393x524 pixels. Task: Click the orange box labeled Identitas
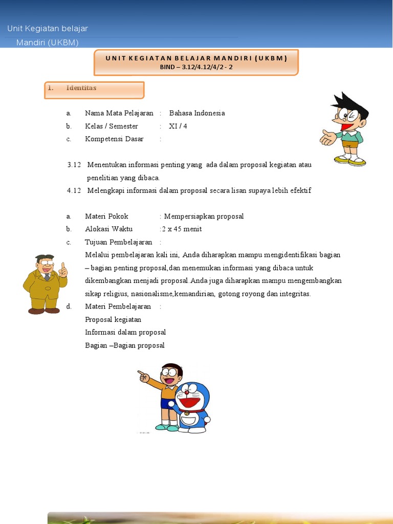pos(94,90)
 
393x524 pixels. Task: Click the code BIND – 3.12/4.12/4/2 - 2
pos(196,67)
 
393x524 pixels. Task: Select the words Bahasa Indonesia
pos(197,113)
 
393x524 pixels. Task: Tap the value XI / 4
pos(178,126)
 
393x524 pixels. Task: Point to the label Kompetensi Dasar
pos(114,139)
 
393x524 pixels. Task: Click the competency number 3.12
pos(74,165)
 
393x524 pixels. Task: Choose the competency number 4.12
pos(74,190)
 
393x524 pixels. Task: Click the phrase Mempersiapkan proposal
pos(204,216)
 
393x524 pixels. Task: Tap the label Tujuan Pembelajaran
pos(118,242)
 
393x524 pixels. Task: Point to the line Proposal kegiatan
pos(113,319)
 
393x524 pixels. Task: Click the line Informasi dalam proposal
pos(125,332)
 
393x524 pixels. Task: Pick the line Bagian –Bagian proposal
pos(125,345)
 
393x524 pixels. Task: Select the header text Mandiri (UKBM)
pos(48,42)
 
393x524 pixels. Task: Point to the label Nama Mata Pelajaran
pos(119,113)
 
